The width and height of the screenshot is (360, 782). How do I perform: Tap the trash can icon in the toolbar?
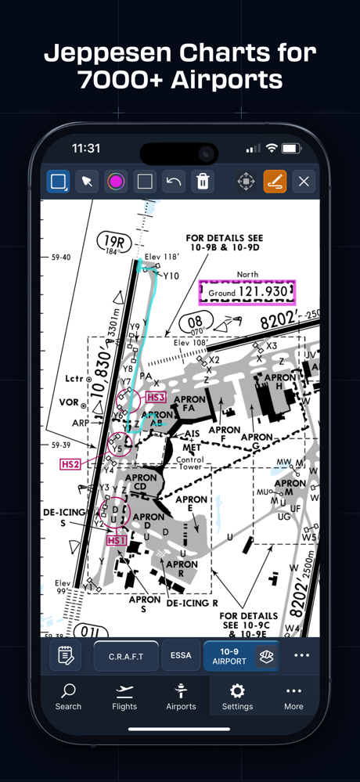(x=203, y=182)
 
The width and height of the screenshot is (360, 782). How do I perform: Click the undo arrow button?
(x=174, y=182)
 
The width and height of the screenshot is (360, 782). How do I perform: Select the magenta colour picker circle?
(x=116, y=182)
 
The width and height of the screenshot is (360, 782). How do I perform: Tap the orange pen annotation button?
(x=275, y=182)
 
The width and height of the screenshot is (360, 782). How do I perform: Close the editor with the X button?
(x=304, y=182)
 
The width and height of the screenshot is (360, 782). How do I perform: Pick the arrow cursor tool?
(x=87, y=182)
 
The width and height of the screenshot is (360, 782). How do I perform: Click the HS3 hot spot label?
(x=156, y=398)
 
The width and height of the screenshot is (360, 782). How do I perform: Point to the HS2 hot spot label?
(x=70, y=464)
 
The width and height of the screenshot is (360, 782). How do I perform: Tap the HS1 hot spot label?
(x=116, y=540)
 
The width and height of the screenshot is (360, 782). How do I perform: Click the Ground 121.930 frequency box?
(x=247, y=292)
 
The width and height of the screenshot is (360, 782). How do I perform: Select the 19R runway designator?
(x=113, y=241)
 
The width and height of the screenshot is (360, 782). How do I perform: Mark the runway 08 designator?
(x=195, y=321)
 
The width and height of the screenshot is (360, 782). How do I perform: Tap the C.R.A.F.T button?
(x=126, y=656)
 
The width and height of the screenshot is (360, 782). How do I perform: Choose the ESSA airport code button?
(x=181, y=656)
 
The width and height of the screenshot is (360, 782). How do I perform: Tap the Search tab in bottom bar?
(x=68, y=696)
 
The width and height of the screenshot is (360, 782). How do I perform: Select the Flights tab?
(x=124, y=696)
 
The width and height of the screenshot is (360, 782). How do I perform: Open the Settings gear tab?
(x=237, y=696)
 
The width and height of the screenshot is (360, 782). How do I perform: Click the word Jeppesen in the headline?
(x=108, y=54)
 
